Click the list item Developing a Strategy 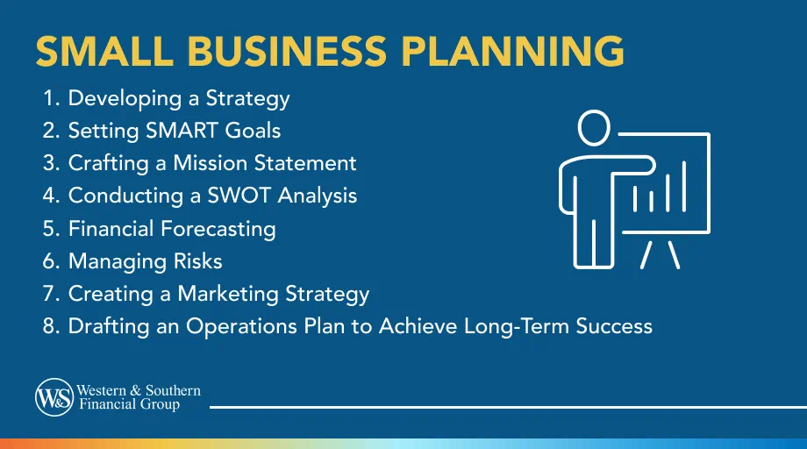pos(178,98)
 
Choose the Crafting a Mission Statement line pos(212,163)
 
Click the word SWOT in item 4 pos(239,196)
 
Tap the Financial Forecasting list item pos(172,229)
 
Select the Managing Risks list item pos(145,261)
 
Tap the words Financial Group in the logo pos(128,405)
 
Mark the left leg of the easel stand pos(645,253)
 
